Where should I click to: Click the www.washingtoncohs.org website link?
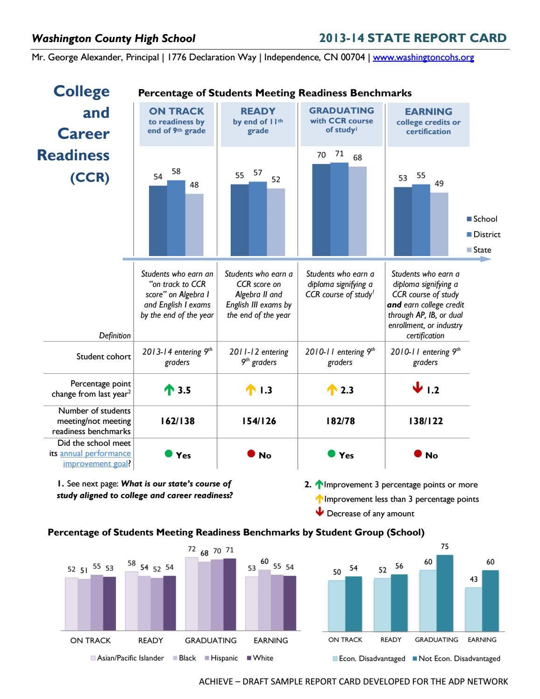point(423,57)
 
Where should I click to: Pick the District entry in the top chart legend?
point(483,235)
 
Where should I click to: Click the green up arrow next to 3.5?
point(169,390)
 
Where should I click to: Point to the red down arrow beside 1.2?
point(418,388)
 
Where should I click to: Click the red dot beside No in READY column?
point(251,454)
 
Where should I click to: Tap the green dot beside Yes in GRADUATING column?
point(332,454)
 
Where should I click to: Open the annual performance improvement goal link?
point(96,458)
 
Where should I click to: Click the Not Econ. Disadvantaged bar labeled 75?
point(445,593)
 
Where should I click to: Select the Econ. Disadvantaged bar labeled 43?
point(473,609)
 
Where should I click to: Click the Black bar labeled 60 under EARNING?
point(264,600)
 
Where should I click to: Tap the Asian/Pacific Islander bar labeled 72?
point(192,594)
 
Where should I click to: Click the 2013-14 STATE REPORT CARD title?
point(412,38)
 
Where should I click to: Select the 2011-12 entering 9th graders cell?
point(258,357)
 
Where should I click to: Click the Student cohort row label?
point(103,357)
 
